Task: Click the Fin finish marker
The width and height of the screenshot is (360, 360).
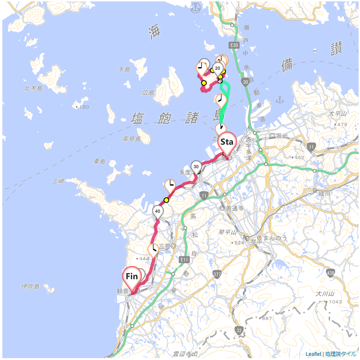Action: [132, 277]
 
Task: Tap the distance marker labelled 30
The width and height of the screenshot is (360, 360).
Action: [196, 166]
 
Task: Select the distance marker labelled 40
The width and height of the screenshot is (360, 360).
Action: [158, 211]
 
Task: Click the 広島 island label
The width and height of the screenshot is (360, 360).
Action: [148, 93]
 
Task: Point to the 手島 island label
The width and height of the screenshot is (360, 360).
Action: [124, 69]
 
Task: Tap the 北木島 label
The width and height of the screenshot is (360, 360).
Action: [33, 88]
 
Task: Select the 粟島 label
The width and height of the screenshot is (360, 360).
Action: [99, 161]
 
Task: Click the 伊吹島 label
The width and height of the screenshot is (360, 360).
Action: [30, 286]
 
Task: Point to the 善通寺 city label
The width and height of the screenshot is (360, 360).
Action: [235, 209]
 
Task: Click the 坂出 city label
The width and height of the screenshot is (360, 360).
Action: [281, 135]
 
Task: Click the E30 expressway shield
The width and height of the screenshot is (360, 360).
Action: [234, 45]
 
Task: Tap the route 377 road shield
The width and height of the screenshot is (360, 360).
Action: [217, 274]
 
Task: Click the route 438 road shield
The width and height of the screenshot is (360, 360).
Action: [330, 272]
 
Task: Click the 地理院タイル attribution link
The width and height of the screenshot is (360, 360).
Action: [340, 354]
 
